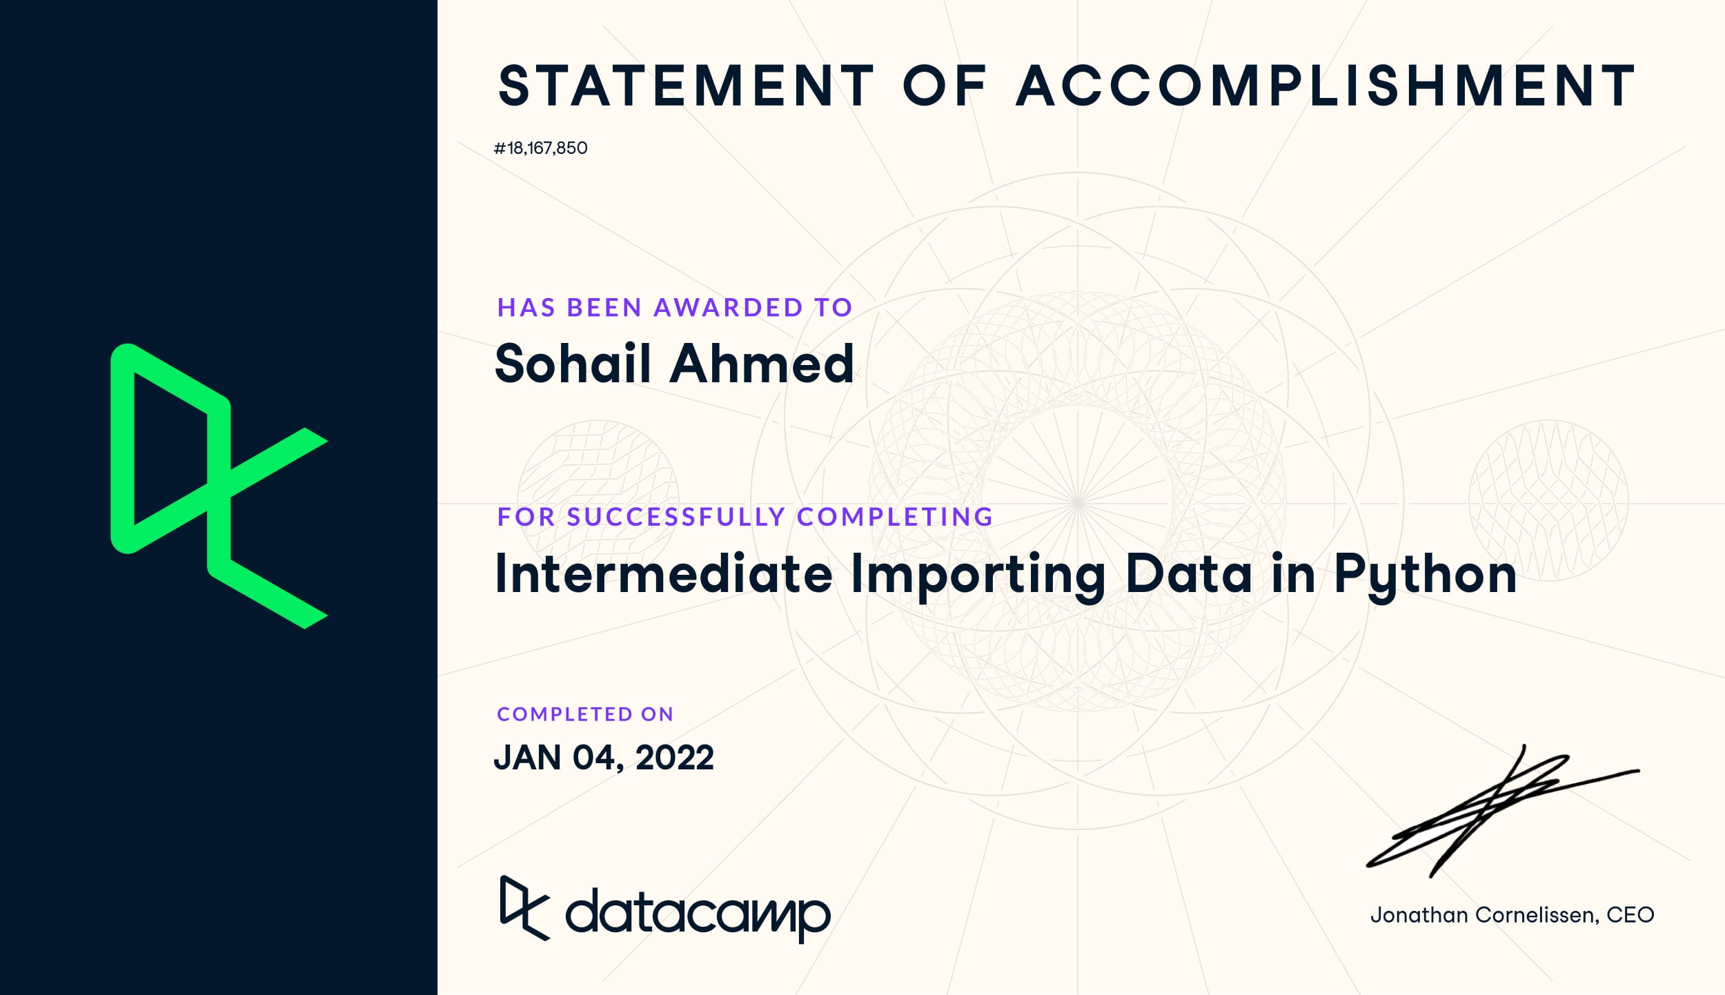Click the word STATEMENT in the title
pos(687,86)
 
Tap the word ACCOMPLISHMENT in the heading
pos(1325,86)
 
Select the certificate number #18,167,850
pos(540,148)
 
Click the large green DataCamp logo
pos(219,486)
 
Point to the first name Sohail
pos(573,363)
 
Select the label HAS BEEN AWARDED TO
pos(675,307)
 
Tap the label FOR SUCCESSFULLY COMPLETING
pos(745,516)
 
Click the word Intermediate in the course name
pos(664,573)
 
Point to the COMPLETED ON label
pos(585,713)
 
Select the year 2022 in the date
pos(674,758)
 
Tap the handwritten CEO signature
pos(1503,811)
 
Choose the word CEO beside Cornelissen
pos(1630,915)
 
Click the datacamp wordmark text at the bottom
pos(698,914)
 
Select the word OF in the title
pos(945,86)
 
